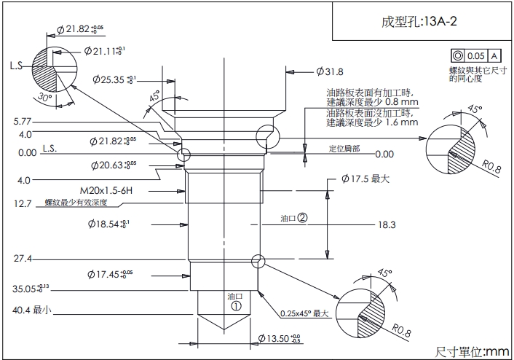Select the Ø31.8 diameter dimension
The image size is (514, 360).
pos(330,71)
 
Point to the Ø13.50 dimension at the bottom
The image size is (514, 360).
pos(280,338)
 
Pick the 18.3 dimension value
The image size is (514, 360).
pos(386,224)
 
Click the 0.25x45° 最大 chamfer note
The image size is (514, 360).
pos(305,314)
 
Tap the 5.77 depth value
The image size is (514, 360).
pos(22,121)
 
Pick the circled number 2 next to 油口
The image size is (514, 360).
pos(302,217)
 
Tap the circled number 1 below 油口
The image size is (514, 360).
pos(235,307)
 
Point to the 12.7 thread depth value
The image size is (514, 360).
pos(23,204)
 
